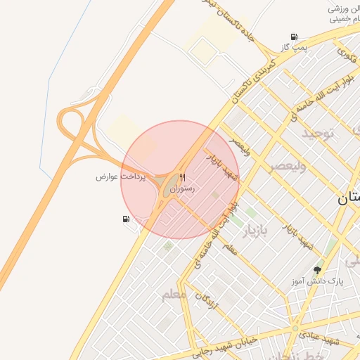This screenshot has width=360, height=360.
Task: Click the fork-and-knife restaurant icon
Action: coord(183,177)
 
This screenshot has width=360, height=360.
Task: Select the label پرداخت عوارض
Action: coord(120,176)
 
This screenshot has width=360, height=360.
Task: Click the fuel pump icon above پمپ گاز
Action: coord(294,37)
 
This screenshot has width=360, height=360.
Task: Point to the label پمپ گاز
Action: coord(293,46)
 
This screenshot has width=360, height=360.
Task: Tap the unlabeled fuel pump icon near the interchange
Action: coord(126,219)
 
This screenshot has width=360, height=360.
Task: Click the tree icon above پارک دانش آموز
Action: coord(319,270)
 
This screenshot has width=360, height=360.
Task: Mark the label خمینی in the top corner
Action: coord(345,19)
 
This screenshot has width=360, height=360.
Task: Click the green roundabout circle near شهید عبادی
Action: coord(295,328)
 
